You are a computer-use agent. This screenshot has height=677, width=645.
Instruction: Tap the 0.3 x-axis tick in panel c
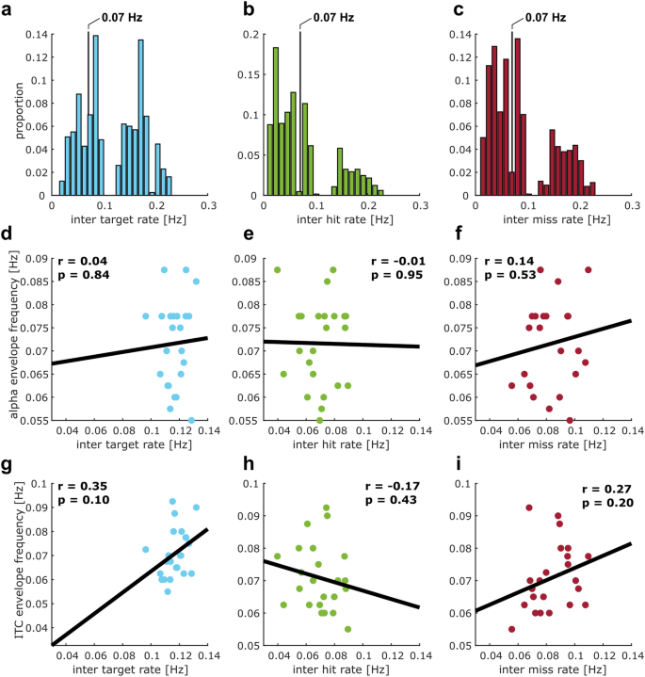tap(633, 204)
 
